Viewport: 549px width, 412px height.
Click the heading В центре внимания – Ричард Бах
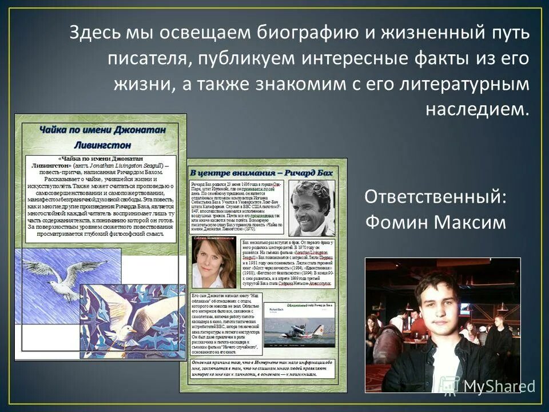(x=260, y=171)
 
